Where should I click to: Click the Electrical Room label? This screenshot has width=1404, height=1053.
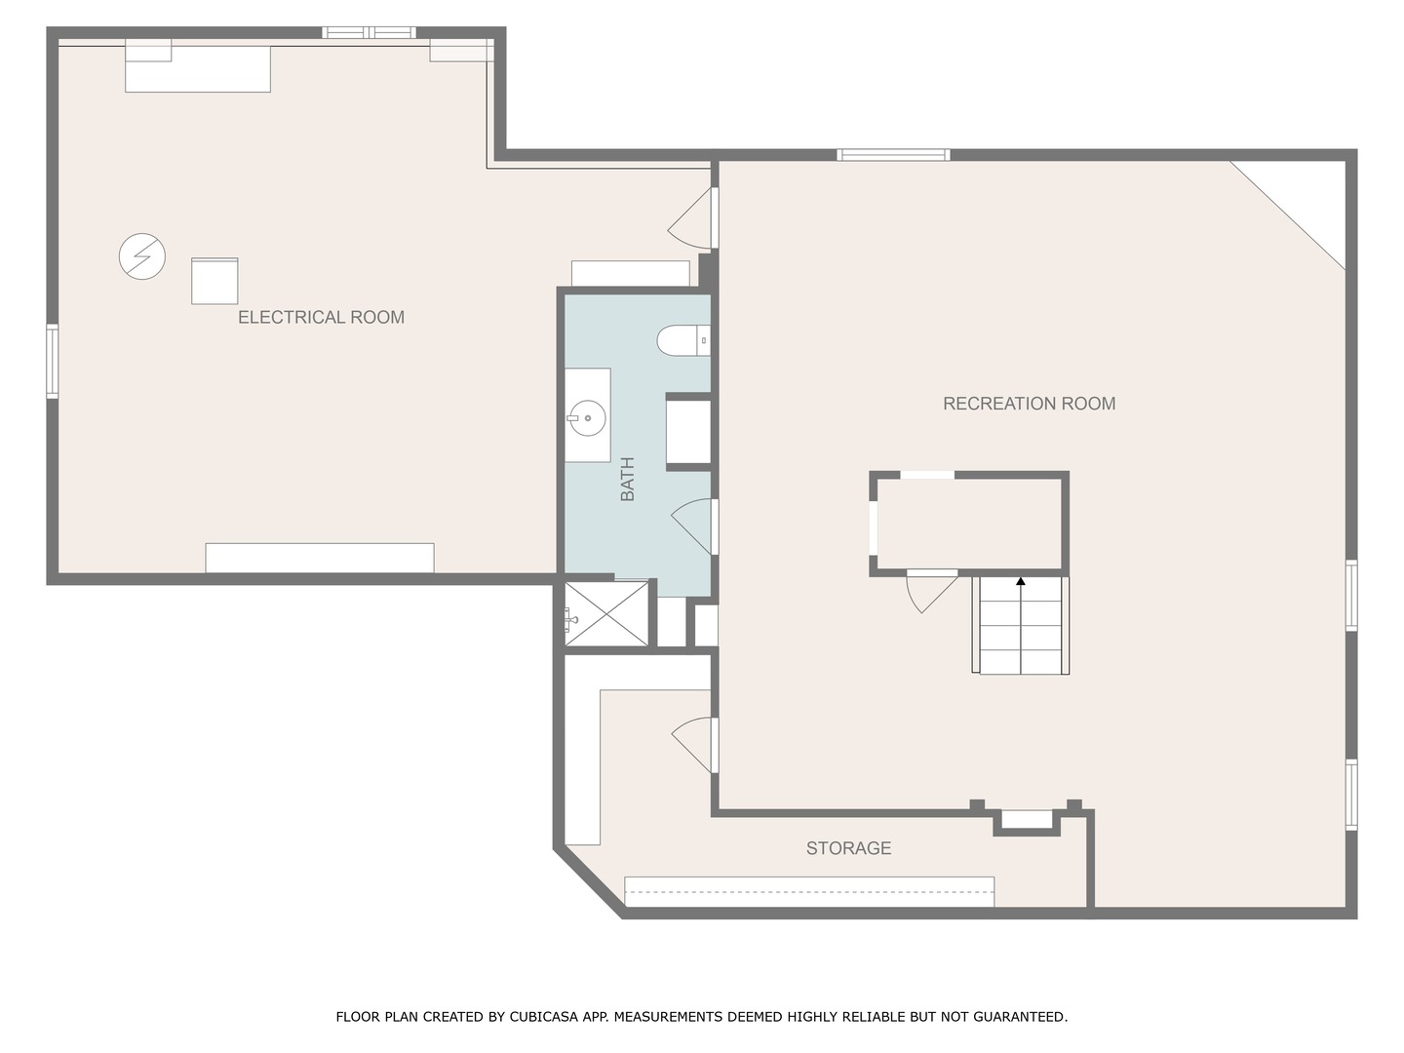point(321,317)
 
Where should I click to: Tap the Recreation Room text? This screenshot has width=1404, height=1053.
point(1030,404)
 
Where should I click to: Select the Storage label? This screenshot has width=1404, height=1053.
point(848,848)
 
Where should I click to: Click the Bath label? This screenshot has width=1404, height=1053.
point(628,479)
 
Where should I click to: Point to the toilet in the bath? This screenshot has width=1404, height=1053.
point(683,340)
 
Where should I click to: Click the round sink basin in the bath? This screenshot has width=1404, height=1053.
point(587,418)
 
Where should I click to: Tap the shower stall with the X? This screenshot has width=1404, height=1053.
point(606,614)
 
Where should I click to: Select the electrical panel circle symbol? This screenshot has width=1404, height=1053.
point(142,256)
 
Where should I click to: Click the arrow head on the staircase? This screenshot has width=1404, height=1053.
point(1021,581)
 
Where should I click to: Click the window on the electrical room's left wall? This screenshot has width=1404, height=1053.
point(53,361)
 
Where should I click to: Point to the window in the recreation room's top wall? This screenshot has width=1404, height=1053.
point(893,155)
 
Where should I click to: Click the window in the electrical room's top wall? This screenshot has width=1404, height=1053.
point(369,32)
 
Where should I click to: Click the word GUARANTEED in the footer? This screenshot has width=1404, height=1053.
point(1020,1017)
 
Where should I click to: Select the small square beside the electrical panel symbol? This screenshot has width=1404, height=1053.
point(214,281)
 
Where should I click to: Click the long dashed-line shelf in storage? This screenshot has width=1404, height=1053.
point(809,892)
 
